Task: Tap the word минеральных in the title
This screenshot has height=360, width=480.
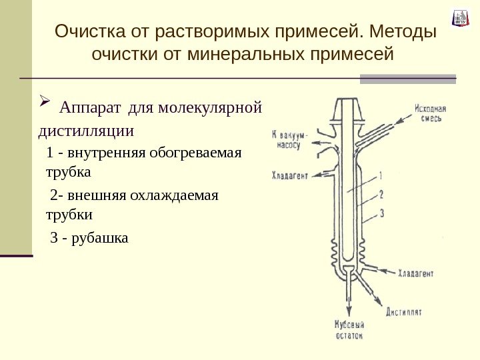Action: (x=247, y=53)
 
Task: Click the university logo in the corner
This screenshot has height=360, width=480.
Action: (x=461, y=17)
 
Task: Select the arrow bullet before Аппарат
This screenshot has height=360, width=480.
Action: (x=45, y=103)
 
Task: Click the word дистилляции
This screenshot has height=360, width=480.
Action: (x=87, y=129)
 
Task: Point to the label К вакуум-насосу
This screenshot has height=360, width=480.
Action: (x=289, y=138)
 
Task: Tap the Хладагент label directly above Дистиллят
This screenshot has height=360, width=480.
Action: (x=416, y=273)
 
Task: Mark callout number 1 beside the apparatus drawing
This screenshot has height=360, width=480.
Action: (x=381, y=176)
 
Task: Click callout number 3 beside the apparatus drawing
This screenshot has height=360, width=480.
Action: (x=381, y=213)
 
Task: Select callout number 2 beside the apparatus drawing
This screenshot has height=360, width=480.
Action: (x=381, y=194)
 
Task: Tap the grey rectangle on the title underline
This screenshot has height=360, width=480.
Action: (x=407, y=79)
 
